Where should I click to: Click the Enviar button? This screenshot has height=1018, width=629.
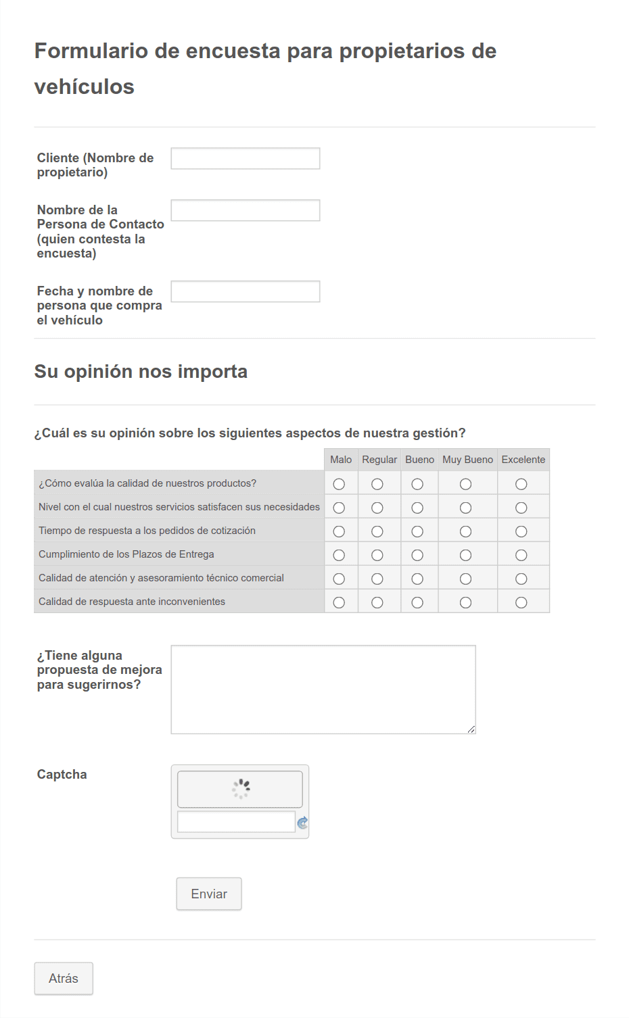coord(208,894)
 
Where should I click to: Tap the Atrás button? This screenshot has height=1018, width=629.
coord(64,978)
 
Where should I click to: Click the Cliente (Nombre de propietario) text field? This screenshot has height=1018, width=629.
coord(245,158)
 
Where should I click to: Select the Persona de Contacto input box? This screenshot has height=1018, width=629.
coord(245,210)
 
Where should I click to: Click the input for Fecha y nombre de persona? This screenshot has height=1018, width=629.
coord(245,291)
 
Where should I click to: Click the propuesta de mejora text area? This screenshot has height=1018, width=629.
coord(323,689)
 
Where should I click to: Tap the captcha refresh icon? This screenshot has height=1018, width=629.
coord(302,823)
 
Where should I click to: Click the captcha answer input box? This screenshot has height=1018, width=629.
coord(235,822)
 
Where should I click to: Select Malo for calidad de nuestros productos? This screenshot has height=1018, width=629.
coord(339,484)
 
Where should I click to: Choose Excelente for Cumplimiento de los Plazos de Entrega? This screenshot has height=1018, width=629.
coord(521,555)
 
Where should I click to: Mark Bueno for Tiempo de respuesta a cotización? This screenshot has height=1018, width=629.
coord(417,531)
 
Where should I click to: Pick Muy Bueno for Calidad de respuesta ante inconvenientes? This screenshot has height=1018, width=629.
coord(465,602)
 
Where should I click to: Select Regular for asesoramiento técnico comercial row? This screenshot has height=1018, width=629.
coord(377,579)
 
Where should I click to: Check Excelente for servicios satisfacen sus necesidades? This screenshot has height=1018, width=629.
coord(521,508)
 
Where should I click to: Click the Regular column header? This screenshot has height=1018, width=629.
coord(379,460)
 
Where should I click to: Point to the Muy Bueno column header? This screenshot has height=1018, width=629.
coord(467,460)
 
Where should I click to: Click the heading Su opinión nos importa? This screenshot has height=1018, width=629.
coord(141,372)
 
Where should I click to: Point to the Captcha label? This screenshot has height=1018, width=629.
coord(62,775)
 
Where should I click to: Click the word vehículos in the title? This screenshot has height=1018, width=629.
coord(85,87)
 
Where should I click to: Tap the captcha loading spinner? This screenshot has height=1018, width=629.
coord(240,788)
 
